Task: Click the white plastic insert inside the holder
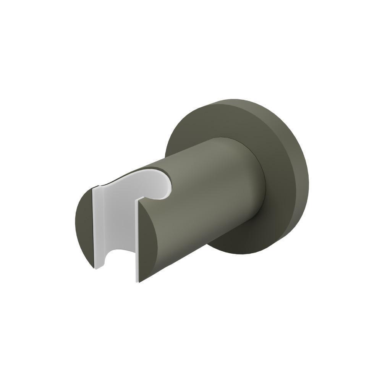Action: point(115,222)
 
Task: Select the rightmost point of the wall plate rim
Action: point(308,176)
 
